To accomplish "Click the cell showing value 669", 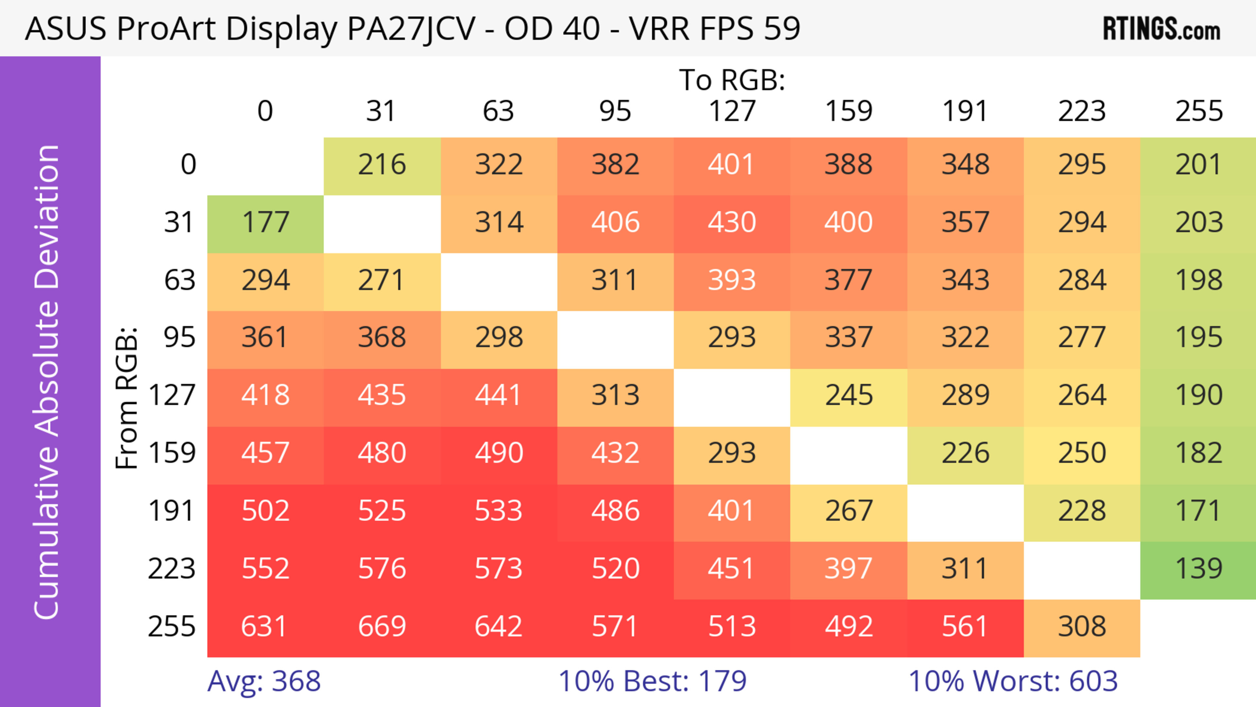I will (x=382, y=627).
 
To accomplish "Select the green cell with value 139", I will (x=1198, y=569).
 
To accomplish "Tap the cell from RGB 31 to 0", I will (x=265, y=223).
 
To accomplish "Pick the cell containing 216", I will (x=382, y=165).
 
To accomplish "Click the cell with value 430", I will (x=732, y=223).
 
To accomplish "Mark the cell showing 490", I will (x=499, y=453).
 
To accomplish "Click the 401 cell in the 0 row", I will (x=732, y=165).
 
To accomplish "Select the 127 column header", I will (x=732, y=111).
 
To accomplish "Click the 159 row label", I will (x=172, y=453).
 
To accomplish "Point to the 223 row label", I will (x=172, y=569).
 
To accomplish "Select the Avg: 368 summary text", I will (x=264, y=681).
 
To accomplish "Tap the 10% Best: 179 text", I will (x=652, y=681).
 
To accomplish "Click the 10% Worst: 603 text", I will (x=1013, y=681).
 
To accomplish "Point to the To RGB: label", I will (x=732, y=80).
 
